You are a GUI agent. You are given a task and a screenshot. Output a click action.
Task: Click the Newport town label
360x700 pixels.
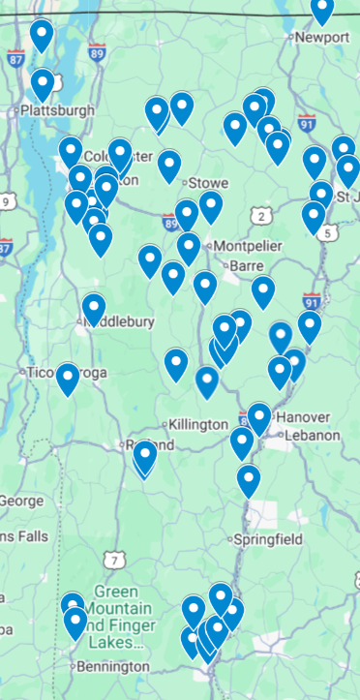[x=323, y=37]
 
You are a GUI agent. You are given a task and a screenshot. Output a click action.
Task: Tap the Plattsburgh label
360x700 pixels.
[x=57, y=110]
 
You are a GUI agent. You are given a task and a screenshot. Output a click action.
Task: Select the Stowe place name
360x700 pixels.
[x=208, y=182]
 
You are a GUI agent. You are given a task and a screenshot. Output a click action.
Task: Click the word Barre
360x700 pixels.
[x=247, y=264]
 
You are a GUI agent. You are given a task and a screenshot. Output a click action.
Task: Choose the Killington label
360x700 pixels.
[x=197, y=425]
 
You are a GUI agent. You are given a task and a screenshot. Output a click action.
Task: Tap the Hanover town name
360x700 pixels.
[x=304, y=417]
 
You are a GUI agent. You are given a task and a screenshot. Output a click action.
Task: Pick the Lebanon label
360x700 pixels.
[x=312, y=436]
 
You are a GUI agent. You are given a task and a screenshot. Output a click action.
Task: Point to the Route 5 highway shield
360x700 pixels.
[x=329, y=233]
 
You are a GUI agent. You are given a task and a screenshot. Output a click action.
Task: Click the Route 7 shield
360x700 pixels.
[x=116, y=560]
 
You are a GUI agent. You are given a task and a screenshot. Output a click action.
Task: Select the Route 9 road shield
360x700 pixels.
[x=7, y=202]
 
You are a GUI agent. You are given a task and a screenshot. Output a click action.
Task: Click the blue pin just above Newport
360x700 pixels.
[x=322, y=10]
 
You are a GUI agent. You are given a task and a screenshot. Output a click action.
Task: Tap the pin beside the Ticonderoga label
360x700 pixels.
[x=67, y=379]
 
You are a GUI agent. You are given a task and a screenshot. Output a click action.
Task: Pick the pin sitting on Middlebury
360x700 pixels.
[x=94, y=309]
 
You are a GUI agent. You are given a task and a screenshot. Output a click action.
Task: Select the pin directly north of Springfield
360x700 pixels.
[x=249, y=479]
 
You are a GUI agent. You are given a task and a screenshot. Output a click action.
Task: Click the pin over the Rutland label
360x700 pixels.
[x=145, y=455]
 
